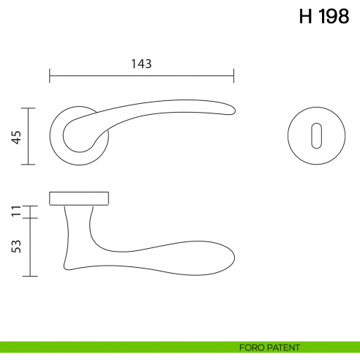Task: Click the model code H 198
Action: point(323,17)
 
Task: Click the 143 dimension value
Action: point(140,64)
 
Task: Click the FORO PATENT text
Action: point(269,348)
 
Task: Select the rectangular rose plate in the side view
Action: point(79,198)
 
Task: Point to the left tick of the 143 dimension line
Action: point(50,75)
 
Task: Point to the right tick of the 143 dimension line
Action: point(233,75)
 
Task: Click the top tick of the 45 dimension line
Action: point(29,108)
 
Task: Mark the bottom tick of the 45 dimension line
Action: point(29,165)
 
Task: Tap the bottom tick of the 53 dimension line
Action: point(29,276)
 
